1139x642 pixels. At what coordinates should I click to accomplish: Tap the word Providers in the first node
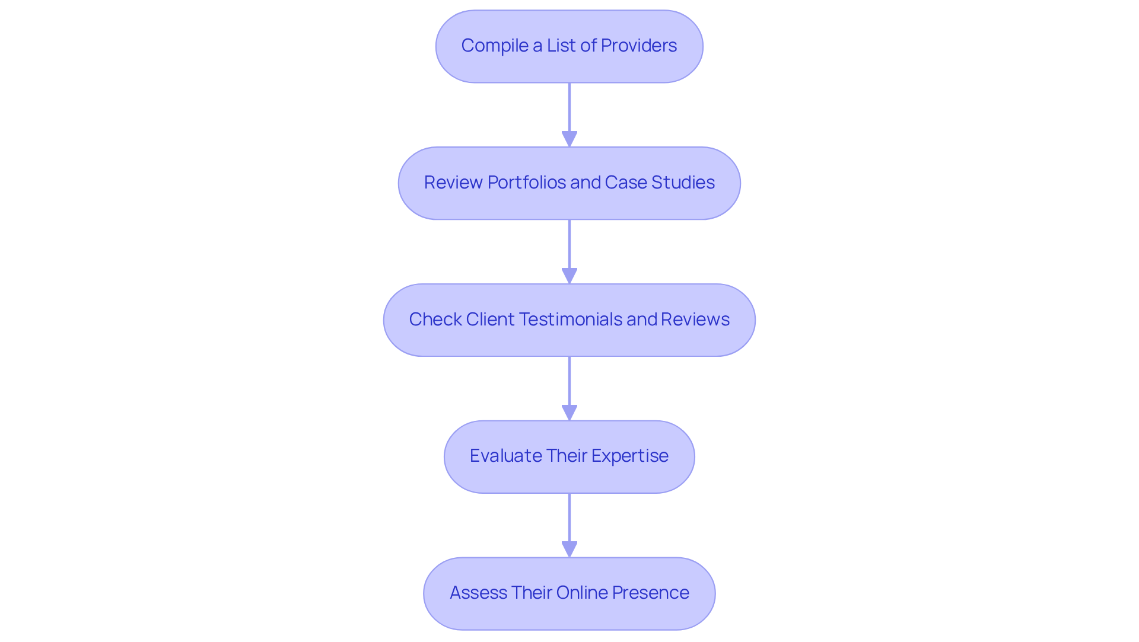point(638,46)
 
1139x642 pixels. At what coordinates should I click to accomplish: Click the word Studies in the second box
point(683,183)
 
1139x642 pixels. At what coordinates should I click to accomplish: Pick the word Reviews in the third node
point(695,320)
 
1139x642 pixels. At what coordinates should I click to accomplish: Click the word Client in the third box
point(490,320)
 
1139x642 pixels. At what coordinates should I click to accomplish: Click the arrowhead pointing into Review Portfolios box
point(569,139)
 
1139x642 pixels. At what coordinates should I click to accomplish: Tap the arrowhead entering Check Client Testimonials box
point(569,276)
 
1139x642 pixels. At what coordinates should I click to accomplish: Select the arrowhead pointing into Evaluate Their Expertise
point(569,413)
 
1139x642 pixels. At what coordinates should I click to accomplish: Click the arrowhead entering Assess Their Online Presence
point(569,549)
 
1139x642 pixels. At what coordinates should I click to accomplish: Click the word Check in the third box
point(435,320)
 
